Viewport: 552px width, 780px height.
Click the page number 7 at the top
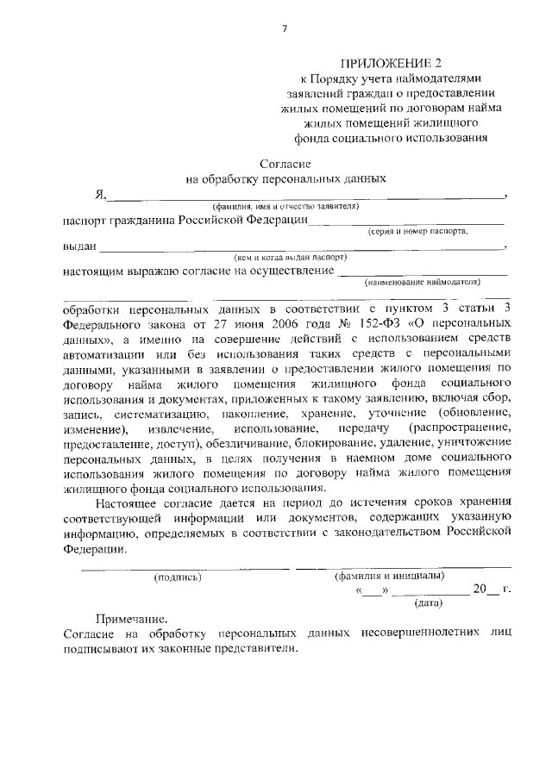283,29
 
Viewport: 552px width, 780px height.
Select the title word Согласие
285,163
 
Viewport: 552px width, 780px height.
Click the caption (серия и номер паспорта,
418,231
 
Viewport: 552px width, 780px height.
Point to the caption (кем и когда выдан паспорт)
289,257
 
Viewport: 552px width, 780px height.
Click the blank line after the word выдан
302,247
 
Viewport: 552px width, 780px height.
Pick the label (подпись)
177,577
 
